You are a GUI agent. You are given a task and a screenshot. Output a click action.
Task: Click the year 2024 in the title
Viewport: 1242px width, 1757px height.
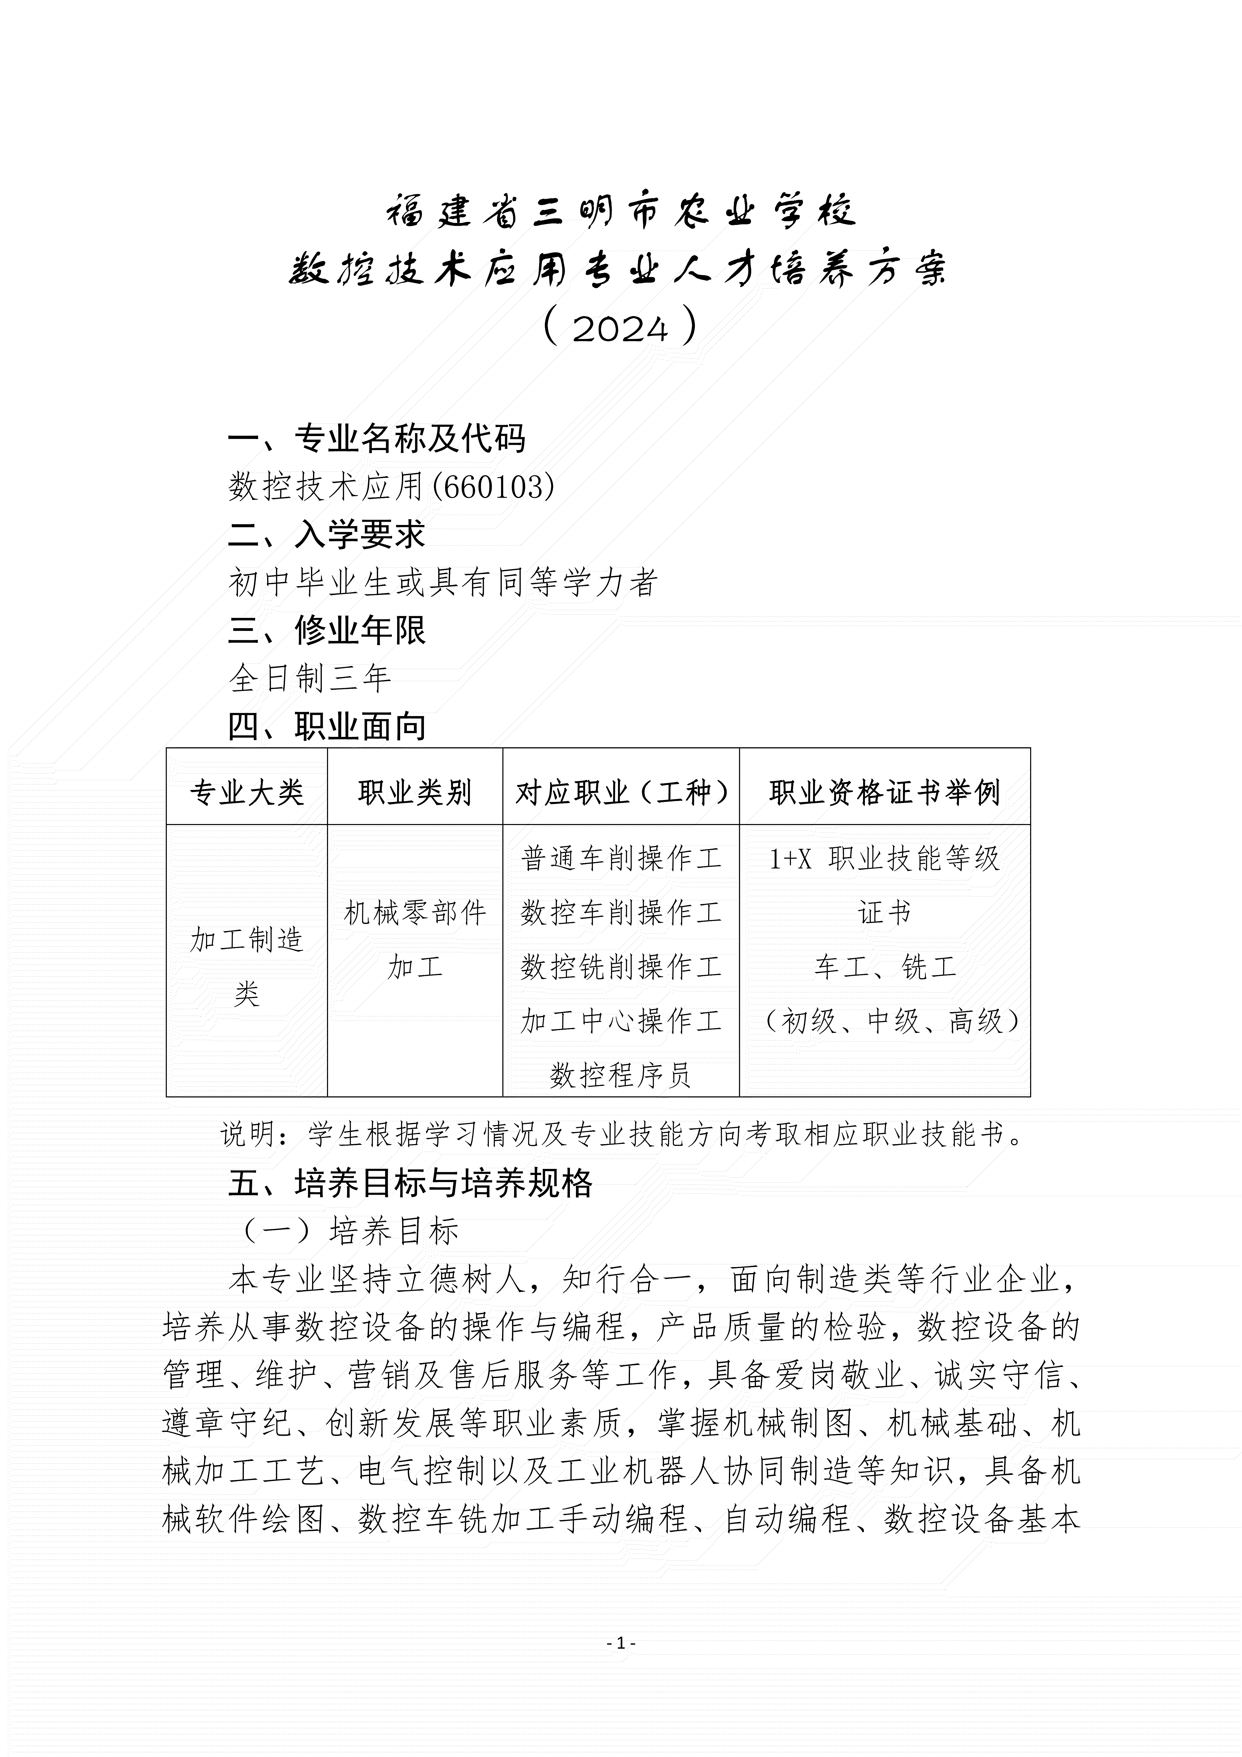click(x=620, y=328)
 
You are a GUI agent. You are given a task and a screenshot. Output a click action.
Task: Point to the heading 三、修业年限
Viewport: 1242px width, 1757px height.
click(x=327, y=631)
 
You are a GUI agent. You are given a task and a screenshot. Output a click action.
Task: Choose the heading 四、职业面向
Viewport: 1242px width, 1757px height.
click(x=327, y=726)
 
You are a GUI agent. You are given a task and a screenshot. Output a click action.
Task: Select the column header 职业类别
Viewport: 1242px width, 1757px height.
click(x=415, y=793)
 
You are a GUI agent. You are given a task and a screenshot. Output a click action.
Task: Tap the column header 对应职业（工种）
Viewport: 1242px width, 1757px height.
click(x=620, y=793)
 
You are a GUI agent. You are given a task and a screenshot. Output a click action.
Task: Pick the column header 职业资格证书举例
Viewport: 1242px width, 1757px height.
click(x=885, y=793)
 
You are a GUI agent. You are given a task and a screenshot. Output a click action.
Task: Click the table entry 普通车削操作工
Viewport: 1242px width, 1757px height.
click(x=620, y=859)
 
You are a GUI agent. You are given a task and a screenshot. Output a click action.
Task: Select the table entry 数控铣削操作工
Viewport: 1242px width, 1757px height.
click(x=620, y=967)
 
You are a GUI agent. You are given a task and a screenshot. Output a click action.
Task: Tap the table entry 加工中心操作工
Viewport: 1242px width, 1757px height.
click(x=620, y=1021)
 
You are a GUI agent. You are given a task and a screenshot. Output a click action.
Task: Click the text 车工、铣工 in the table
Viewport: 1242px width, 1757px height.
click(x=885, y=967)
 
